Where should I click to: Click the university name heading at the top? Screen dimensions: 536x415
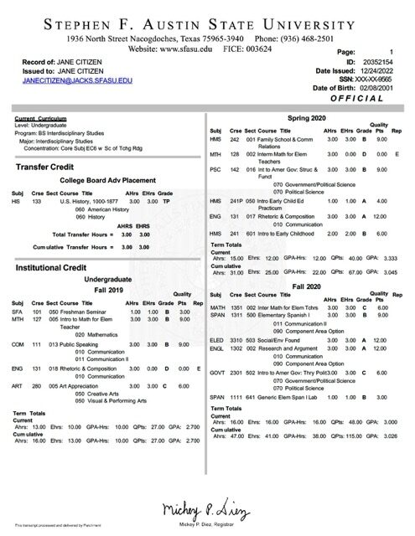coord(207,22)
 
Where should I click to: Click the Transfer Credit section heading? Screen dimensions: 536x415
coord(49,167)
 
